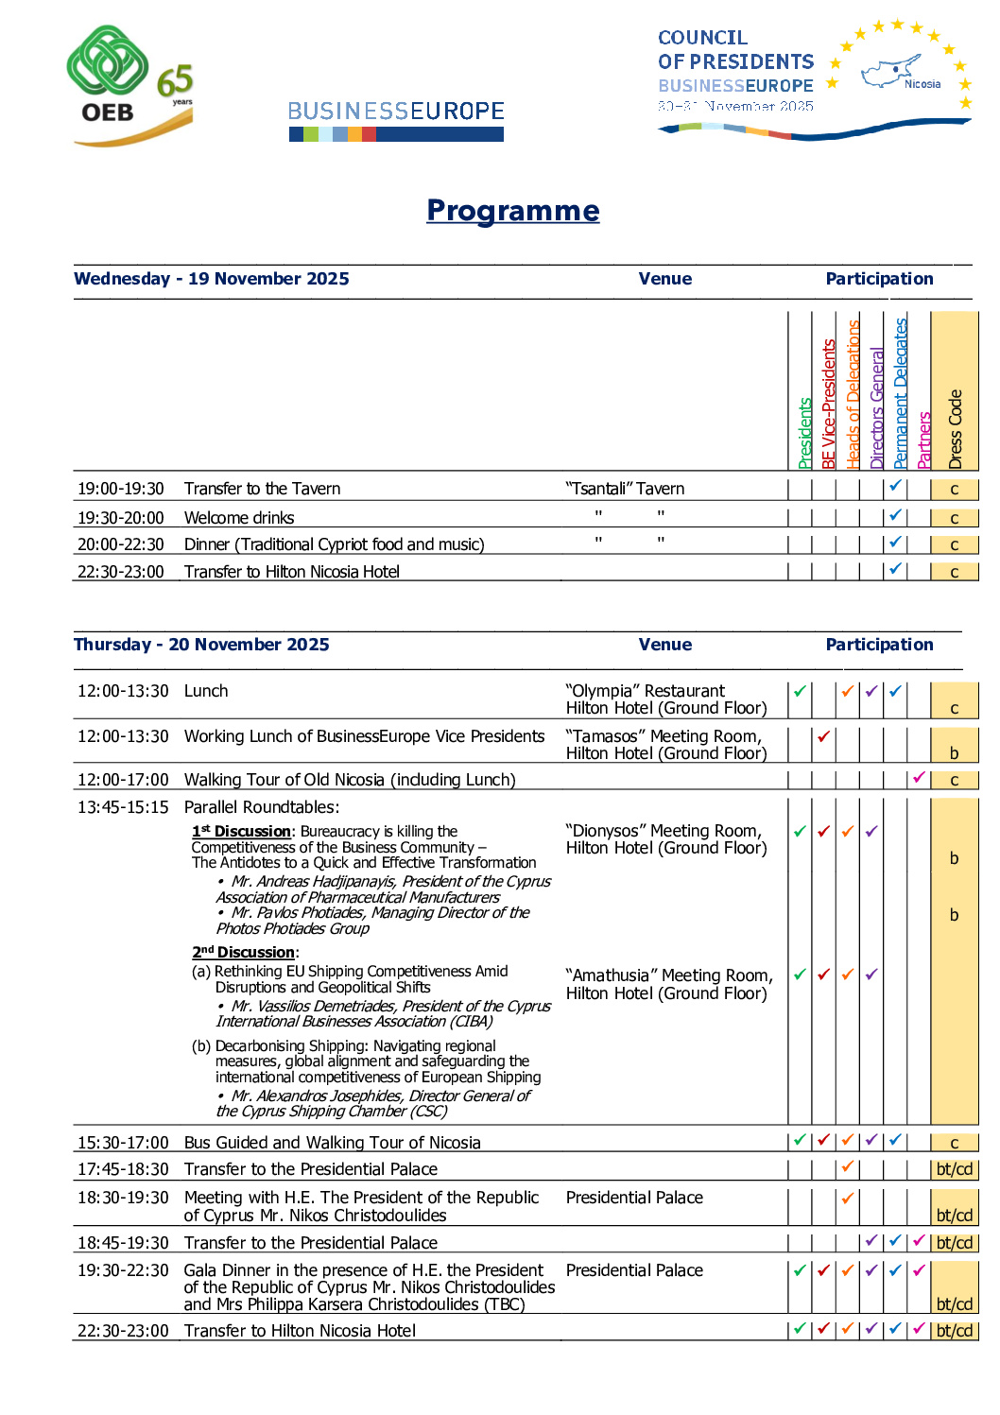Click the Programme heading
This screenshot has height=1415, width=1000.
click(512, 210)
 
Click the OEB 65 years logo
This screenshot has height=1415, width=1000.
click(130, 86)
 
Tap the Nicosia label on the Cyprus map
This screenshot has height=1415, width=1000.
click(922, 84)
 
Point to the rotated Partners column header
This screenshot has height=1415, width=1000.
click(924, 440)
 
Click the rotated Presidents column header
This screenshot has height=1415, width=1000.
click(804, 433)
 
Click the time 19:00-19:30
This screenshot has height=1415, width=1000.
click(121, 489)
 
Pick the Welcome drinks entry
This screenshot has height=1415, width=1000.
click(239, 518)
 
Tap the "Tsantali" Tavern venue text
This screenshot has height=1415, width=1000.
click(625, 489)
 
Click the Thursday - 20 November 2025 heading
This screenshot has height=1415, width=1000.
click(201, 645)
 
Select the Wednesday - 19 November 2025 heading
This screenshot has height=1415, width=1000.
click(212, 279)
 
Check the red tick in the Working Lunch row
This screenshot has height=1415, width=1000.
click(824, 736)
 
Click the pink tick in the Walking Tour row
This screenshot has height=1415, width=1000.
click(919, 778)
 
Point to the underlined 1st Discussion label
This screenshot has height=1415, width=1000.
click(242, 831)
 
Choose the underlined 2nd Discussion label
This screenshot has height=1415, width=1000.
click(244, 952)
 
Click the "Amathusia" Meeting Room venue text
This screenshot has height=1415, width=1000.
click(668, 975)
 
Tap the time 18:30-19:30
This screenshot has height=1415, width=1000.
click(123, 1198)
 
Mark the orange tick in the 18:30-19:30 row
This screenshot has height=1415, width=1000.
click(848, 1199)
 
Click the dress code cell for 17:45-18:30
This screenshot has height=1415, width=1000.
click(954, 1169)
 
